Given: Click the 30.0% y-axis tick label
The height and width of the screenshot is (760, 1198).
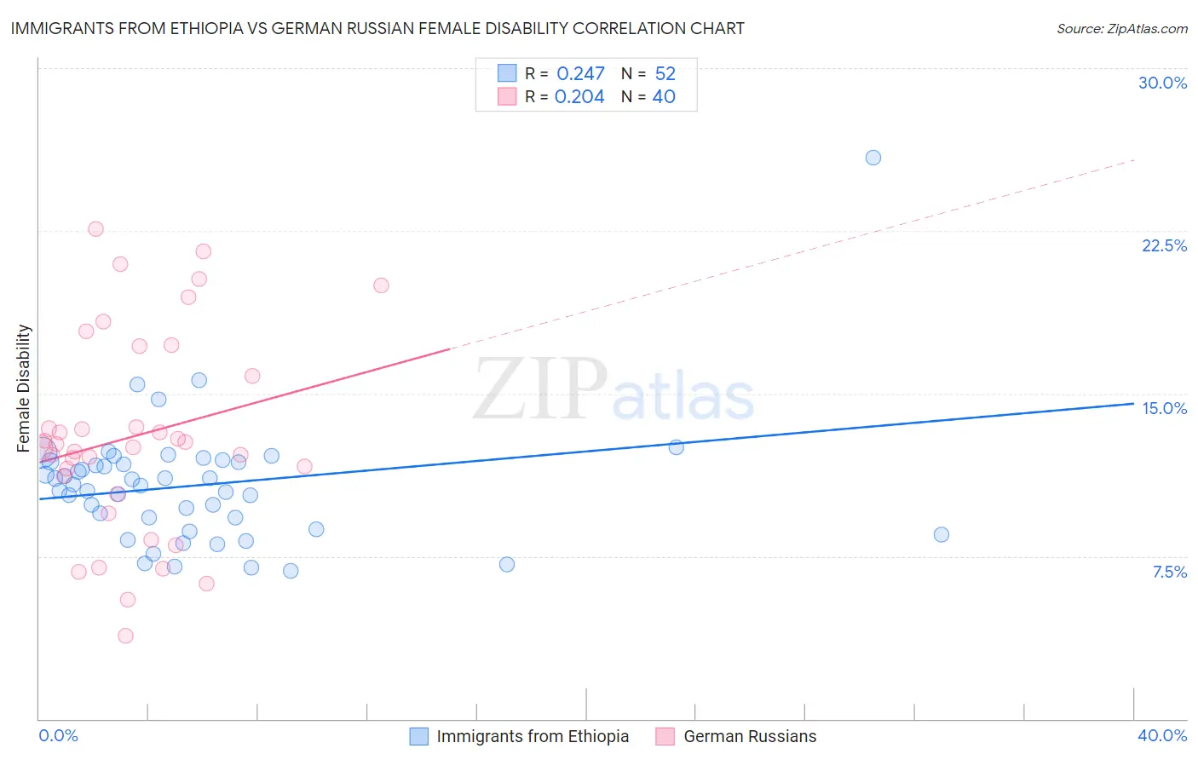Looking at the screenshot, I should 1162,83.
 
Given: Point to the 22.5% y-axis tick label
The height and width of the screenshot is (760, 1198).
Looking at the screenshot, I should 1164,245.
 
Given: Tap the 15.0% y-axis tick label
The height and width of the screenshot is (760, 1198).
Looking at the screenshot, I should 1164,408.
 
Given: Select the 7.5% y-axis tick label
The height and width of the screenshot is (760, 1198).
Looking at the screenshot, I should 1169,572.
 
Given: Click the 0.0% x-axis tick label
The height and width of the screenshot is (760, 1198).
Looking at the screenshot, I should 58,735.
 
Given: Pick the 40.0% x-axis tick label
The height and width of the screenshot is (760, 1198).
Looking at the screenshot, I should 1161,735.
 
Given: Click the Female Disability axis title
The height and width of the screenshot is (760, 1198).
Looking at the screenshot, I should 24,388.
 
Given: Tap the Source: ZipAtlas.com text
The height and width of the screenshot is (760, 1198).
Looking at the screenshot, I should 1121,28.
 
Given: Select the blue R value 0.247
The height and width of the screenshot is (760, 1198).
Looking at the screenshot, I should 580,73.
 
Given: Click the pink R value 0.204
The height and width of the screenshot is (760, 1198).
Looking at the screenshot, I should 579,96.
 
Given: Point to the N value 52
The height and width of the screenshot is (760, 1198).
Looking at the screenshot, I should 665,73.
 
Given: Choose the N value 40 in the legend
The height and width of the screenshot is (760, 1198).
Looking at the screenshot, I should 664,96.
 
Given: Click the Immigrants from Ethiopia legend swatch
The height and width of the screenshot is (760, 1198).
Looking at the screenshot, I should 418,736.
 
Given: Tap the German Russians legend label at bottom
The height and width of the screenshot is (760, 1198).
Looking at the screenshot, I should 750,736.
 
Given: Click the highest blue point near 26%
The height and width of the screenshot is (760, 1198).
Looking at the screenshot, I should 873,158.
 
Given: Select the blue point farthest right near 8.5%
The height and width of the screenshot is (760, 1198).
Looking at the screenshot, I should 941,534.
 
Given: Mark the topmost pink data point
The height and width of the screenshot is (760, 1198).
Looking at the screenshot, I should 95,229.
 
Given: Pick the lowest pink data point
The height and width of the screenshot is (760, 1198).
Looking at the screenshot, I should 125,636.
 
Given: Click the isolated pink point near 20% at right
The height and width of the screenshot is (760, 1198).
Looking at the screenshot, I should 381,285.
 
